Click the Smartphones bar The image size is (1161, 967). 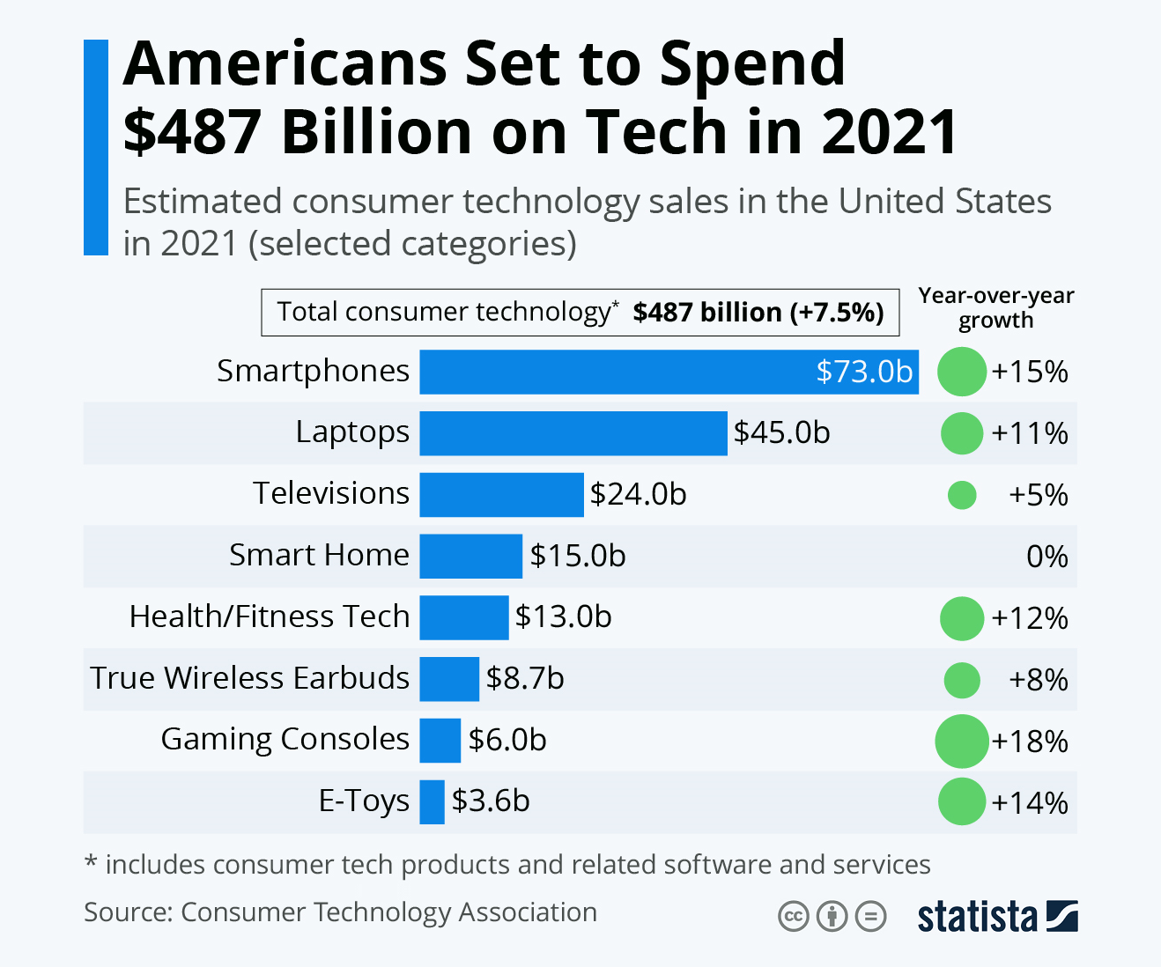[617, 372]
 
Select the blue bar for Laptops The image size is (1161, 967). [573, 433]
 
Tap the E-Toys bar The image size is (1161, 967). [432, 802]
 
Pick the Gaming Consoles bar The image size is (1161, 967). [440, 741]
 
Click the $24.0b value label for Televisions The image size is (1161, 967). [638, 495]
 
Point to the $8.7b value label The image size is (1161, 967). [525, 679]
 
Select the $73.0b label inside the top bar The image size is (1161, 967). [863, 372]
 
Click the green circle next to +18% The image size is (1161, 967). [961, 742]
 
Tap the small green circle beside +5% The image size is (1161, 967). [961, 495]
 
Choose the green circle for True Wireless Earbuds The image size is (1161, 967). [961, 680]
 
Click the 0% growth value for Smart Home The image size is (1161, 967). [1046, 557]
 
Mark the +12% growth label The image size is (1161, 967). [1029, 618]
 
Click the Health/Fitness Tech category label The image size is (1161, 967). [270, 616]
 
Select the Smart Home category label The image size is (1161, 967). [319, 555]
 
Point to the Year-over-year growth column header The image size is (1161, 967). [995, 308]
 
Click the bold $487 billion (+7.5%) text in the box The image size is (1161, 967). [758, 313]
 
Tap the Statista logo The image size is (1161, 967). [996, 917]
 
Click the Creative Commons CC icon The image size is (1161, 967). [793, 917]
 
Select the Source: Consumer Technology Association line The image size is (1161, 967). [340, 912]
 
